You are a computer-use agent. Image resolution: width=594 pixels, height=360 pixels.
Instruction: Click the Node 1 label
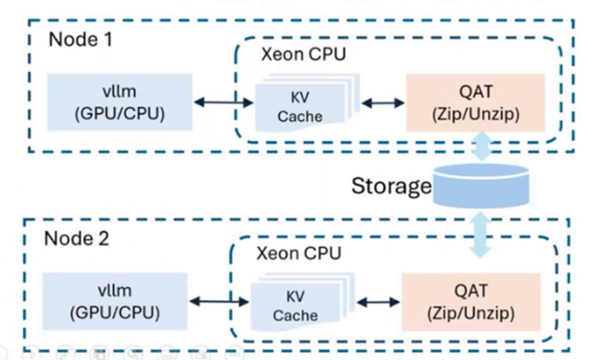pyautogui.click(x=80, y=39)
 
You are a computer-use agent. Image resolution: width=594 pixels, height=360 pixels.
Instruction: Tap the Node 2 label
pyautogui.click(x=76, y=238)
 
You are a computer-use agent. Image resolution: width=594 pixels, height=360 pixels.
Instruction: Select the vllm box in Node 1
pyautogui.click(x=120, y=102)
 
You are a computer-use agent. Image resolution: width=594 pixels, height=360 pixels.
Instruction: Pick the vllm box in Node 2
pyautogui.click(x=115, y=301)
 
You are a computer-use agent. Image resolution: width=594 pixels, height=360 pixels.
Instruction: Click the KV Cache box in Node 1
pyautogui.click(x=300, y=107)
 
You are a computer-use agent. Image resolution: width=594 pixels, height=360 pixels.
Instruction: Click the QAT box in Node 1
pyautogui.click(x=475, y=103)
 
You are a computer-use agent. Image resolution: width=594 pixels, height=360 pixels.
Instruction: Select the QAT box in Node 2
pyautogui.click(x=471, y=301)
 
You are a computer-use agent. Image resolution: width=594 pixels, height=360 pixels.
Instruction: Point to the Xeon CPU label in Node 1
pyautogui.click(x=304, y=54)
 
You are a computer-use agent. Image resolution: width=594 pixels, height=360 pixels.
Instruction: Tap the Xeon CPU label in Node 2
pyautogui.click(x=299, y=253)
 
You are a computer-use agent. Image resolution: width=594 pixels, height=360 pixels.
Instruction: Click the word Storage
pyautogui.click(x=391, y=186)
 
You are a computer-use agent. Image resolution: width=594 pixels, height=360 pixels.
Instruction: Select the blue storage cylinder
pyautogui.click(x=480, y=186)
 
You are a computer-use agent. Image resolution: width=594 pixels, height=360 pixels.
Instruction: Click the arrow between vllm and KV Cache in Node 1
pyautogui.click(x=223, y=102)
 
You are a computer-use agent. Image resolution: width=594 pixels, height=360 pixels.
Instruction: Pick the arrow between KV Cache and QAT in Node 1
pyautogui.click(x=383, y=102)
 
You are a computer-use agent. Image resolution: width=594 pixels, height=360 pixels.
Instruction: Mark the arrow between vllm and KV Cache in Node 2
pyautogui.click(x=219, y=301)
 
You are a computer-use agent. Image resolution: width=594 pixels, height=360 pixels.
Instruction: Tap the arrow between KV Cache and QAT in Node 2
pyautogui.click(x=378, y=301)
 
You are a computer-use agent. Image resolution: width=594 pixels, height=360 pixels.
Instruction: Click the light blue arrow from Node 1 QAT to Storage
pyautogui.click(x=481, y=146)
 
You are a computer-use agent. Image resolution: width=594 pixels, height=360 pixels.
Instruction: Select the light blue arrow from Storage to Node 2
pyautogui.click(x=480, y=235)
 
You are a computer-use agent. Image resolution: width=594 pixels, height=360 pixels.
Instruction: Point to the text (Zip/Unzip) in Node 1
pyautogui.click(x=475, y=114)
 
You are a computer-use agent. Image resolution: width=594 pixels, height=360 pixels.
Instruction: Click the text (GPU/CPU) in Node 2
pyautogui.click(x=115, y=312)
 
